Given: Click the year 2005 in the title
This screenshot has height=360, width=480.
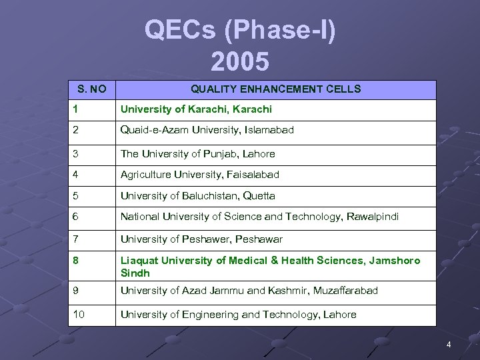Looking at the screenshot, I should tap(240, 61).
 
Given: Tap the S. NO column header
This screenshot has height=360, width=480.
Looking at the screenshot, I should tap(92, 89).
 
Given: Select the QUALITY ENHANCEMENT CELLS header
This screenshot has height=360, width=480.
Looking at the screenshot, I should tap(276, 89).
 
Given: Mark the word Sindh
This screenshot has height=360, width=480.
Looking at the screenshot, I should tap(135, 273).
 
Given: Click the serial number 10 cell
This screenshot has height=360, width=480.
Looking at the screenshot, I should tap(79, 314).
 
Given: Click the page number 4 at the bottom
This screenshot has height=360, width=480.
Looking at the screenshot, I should tap(449, 345).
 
